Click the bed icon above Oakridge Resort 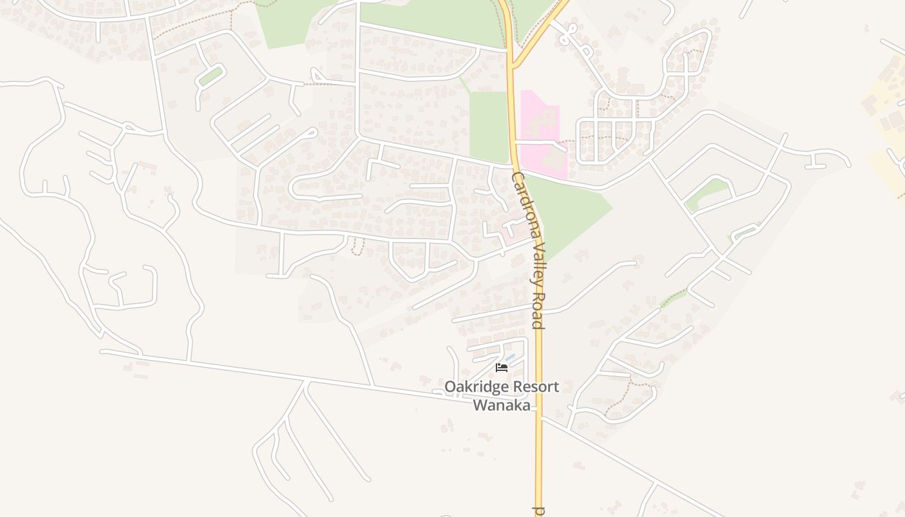click(501, 368)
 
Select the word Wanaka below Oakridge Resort click(502, 406)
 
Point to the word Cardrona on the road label click(522, 200)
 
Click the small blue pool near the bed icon click(510, 357)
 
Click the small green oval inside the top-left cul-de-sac click(210, 76)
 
